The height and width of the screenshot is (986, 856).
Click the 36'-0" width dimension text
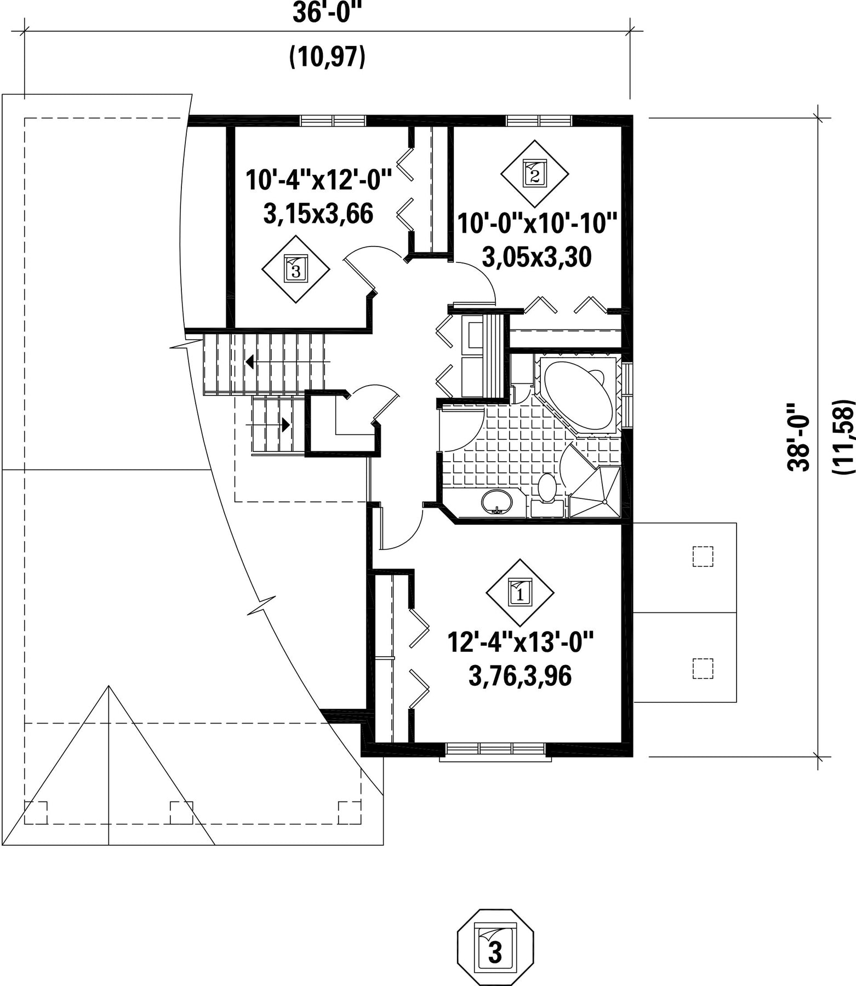328,13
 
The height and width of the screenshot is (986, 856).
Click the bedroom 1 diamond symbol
520,592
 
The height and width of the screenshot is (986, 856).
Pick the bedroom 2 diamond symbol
534,174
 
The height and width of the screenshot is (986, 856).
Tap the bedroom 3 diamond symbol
296,269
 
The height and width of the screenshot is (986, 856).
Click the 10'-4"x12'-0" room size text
319,180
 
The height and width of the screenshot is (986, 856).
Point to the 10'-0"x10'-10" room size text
537,223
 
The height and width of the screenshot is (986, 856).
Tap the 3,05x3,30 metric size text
537,257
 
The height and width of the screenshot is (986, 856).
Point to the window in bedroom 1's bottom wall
495,750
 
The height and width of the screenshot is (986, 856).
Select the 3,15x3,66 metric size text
318,214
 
